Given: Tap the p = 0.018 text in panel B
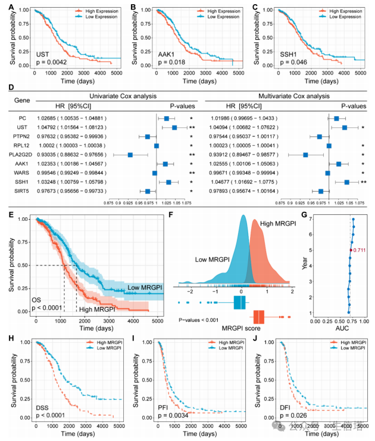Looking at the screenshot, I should pos(170,62).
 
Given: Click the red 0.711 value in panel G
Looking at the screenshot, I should pos(360,250).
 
